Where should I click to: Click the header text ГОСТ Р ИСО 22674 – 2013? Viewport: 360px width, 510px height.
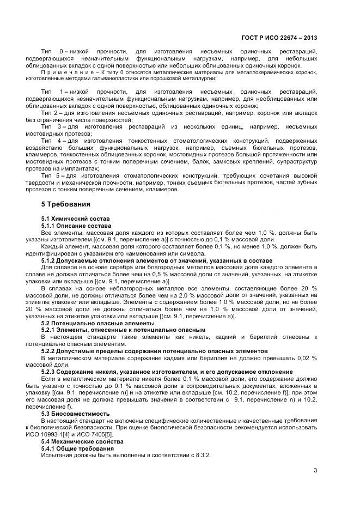click(279, 38)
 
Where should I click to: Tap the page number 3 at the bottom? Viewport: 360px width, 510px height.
click(315, 470)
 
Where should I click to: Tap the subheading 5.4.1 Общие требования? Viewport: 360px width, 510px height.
click(77, 447)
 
